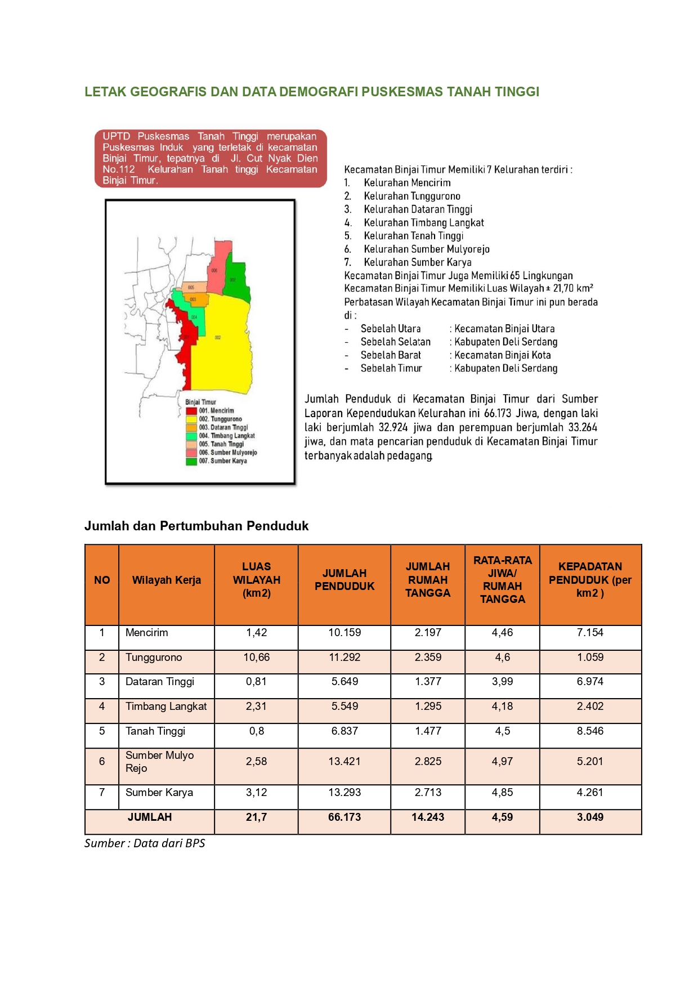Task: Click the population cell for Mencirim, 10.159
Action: click(344, 633)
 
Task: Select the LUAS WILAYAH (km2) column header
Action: click(256, 580)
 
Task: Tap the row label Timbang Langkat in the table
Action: click(166, 707)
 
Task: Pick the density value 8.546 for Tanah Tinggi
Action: click(590, 731)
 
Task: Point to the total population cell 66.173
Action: click(344, 817)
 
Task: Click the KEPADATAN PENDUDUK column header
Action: click(590, 580)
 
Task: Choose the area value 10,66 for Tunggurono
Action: click(256, 658)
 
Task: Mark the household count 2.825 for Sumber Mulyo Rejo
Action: click(428, 762)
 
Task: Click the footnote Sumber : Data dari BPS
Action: click(145, 843)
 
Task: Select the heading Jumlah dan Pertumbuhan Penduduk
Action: click(196, 526)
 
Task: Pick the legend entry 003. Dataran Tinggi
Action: click(223, 427)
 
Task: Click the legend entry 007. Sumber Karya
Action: click(222, 461)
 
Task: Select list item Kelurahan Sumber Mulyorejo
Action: click(426, 249)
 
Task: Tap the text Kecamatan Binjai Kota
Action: click(502, 355)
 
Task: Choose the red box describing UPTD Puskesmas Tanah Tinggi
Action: click(210, 158)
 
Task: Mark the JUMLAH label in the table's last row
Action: click(149, 817)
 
